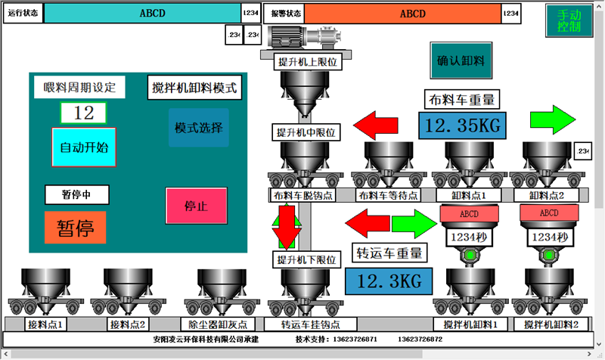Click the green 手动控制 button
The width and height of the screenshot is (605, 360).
[x=569, y=20]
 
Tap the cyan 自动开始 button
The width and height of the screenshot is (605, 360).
[x=84, y=147]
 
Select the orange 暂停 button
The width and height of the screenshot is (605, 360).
[x=75, y=227]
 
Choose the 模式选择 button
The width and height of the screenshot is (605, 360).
[x=197, y=127]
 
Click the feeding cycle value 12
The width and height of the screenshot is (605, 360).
[x=84, y=113]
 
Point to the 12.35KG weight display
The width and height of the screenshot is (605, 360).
[x=461, y=126]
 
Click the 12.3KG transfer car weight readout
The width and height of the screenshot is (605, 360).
[x=388, y=281]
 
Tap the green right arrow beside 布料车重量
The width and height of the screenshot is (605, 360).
[x=553, y=118]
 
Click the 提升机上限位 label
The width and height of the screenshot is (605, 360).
[x=307, y=61]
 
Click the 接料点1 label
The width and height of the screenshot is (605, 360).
[x=45, y=324]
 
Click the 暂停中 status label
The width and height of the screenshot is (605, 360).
[x=76, y=194]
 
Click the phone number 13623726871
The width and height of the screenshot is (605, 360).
[x=351, y=340]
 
